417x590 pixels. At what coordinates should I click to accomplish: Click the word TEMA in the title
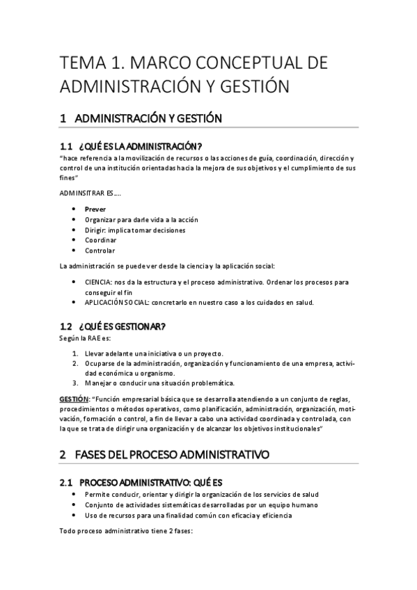click(x=82, y=64)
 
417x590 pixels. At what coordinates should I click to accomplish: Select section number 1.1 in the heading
click(x=66, y=146)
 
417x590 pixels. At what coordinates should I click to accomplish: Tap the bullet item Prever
click(x=95, y=209)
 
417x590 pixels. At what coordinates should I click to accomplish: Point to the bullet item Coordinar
click(x=100, y=240)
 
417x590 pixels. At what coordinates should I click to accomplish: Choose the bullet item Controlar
click(x=100, y=250)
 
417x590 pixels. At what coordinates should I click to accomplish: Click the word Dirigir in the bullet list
click(x=96, y=230)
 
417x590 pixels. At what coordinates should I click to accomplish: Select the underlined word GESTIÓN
click(x=74, y=399)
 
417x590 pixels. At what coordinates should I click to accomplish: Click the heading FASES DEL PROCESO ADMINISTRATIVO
click(x=174, y=455)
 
